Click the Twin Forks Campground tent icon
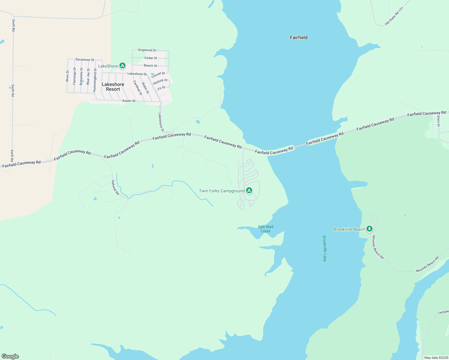pos(249,190)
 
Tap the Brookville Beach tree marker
pos(369,229)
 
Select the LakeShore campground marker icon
pos(122,65)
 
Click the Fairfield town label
pos(299,37)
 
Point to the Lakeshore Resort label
pos(113,87)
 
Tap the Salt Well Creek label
pos(266,229)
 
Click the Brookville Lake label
pos(324,248)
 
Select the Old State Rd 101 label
pos(394,16)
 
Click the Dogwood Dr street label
pos(147,50)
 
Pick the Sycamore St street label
pos(85,60)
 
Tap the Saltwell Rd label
pos(115,187)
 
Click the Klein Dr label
pos(438,121)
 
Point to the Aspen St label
pos(129,101)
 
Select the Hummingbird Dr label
pos(95,80)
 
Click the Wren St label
pos(68,76)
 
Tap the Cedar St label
pos(151,58)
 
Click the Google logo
pos(10,356)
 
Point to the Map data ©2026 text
pos(436,358)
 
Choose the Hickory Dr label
pos(160,82)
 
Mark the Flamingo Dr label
pos(74,76)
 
